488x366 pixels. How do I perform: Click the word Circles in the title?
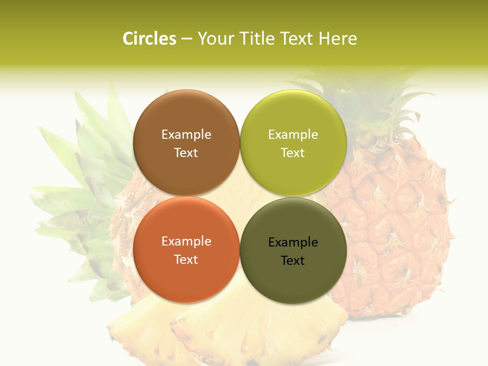click(x=149, y=39)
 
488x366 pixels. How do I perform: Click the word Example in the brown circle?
click(x=186, y=134)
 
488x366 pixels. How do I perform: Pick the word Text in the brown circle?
click(x=186, y=152)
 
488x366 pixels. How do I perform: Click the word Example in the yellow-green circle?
click(x=293, y=134)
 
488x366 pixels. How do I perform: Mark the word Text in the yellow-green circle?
click(x=293, y=152)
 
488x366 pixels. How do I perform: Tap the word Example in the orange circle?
click(x=186, y=241)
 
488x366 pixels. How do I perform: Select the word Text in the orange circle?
click(x=186, y=259)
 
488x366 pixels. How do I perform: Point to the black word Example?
click(x=293, y=242)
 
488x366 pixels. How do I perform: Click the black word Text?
click(x=293, y=260)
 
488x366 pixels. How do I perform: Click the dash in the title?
click(x=187, y=39)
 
